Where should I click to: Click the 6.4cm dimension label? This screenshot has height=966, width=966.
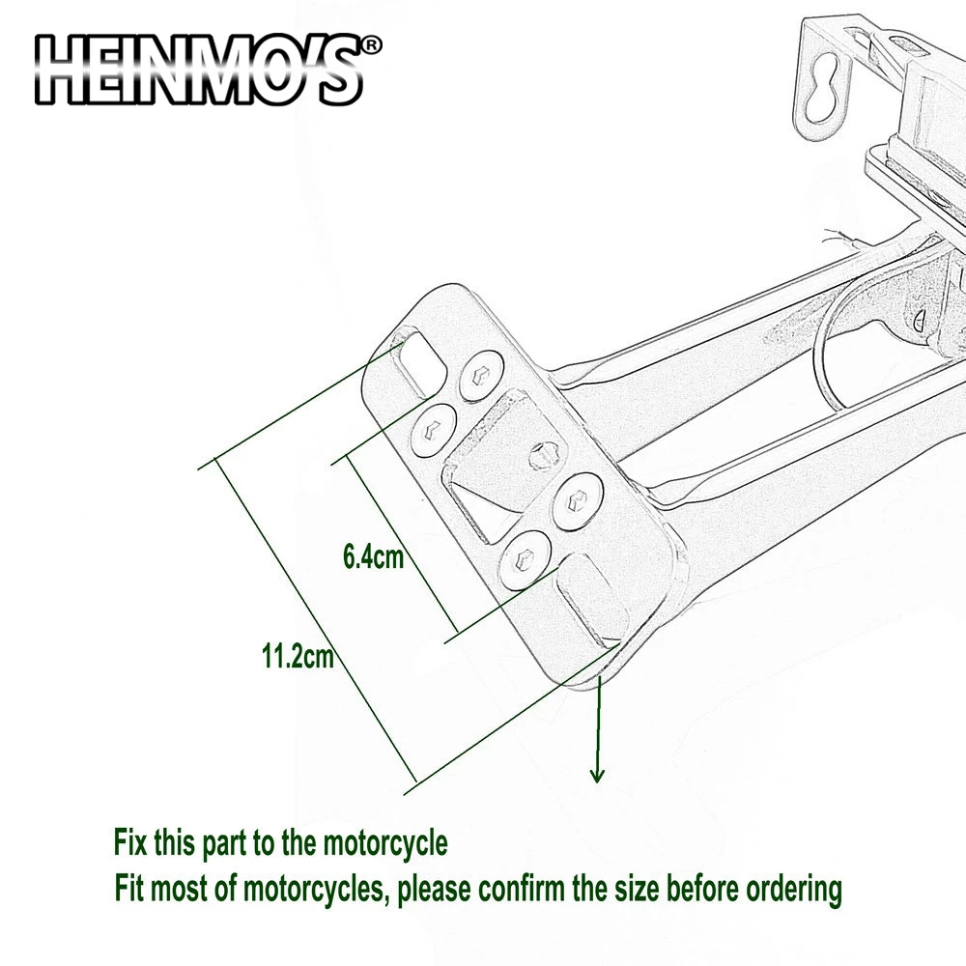point(373,558)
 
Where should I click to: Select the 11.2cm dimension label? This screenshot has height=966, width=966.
point(298,659)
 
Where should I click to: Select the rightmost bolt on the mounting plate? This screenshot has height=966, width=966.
point(579,498)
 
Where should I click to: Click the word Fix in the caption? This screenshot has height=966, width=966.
point(131,843)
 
